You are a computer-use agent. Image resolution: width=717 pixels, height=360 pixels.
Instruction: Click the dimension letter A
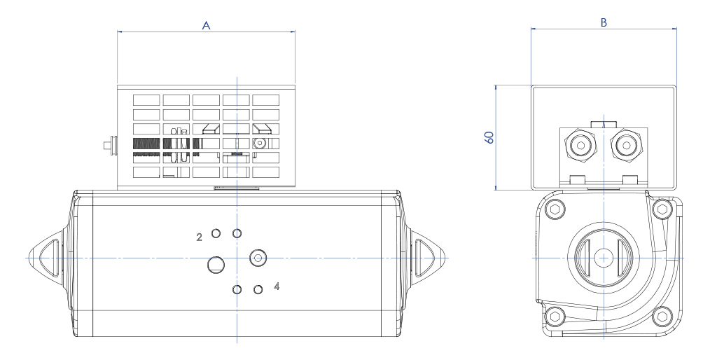(206, 25)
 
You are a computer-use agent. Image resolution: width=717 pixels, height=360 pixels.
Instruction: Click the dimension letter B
(604, 22)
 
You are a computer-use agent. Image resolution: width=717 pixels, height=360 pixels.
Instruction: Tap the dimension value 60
(490, 137)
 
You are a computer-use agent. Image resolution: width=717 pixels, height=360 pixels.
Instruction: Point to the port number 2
(199, 237)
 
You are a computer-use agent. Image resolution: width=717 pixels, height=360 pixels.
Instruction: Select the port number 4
(277, 286)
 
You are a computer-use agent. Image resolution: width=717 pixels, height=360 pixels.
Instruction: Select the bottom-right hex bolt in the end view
(662, 317)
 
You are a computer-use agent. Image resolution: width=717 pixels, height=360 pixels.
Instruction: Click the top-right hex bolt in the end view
(662, 209)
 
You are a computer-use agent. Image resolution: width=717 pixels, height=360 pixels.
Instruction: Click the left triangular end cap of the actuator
(46, 258)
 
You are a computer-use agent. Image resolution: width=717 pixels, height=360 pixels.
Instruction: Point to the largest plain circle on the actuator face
(216, 264)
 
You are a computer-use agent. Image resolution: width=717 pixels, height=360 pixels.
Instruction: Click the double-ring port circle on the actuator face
(258, 258)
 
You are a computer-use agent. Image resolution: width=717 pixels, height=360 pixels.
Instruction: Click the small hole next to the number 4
(258, 289)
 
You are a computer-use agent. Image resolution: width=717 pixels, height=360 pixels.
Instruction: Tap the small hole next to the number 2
(216, 233)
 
